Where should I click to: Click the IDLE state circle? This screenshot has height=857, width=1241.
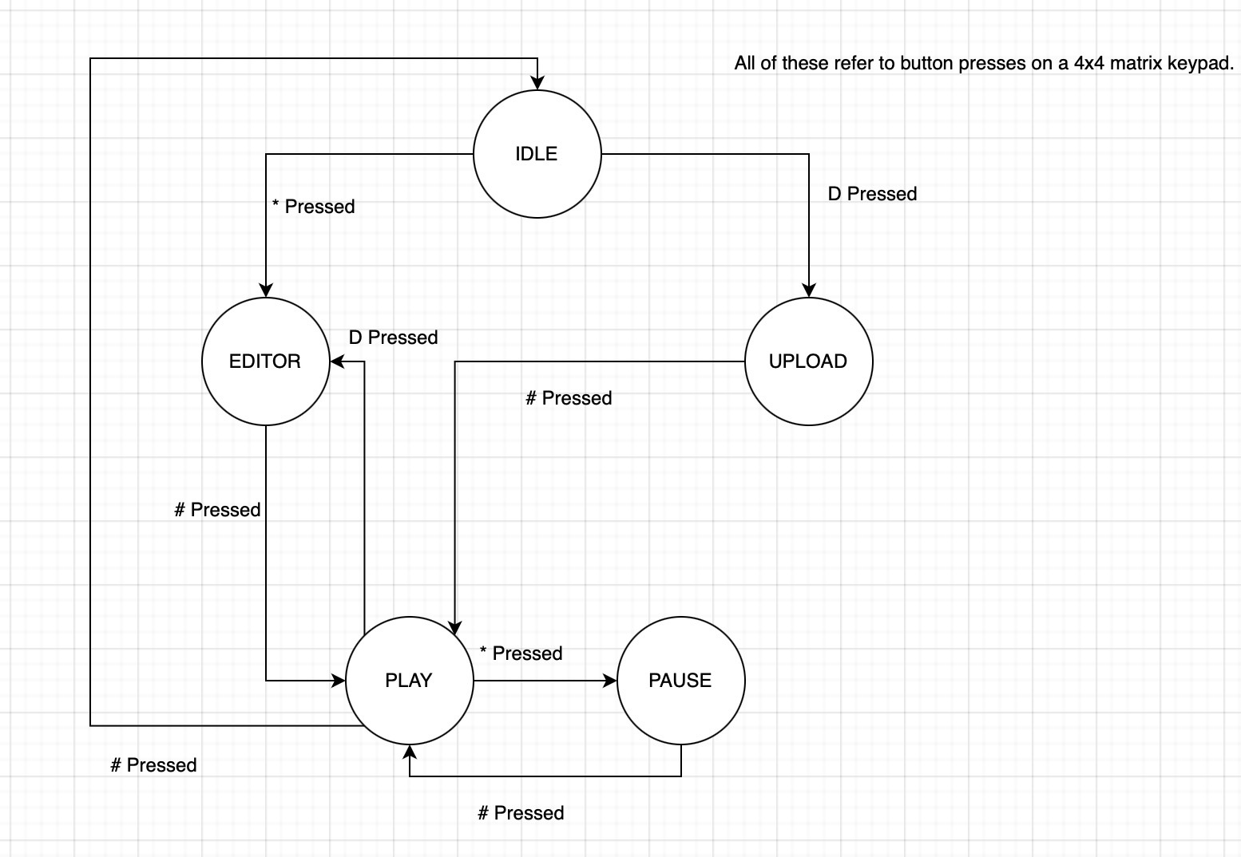click(x=537, y=154)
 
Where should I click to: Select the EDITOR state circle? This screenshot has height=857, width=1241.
click(x=265, y=361)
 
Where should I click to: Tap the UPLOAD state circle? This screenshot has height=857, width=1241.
click(x=808, y=361)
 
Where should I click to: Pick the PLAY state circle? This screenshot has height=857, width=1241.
click(x=409, y=681)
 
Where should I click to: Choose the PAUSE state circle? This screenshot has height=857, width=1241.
click(x=680, y=681)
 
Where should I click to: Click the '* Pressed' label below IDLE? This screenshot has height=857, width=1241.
click(x=313, y=207)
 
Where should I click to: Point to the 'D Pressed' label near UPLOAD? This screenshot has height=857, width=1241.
click(x=872, y=194)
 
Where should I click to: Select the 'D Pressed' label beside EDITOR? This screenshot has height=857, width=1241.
click(x=393, y=338)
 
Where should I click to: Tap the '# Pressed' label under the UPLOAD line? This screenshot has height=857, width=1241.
click(x=569, y=398)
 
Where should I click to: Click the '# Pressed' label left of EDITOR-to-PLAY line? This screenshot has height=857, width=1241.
click(x=217, y=510)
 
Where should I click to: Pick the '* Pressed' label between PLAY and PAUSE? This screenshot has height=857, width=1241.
click(x=521, y=654)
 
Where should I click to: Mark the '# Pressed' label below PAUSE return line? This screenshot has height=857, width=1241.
click(x=521, y=813)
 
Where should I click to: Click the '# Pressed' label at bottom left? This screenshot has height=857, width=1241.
click(x=153, y=765)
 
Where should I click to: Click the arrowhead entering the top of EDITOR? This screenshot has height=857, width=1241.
click(x=266, y=291)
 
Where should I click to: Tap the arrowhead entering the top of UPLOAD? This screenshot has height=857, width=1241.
click(x=809, y=291)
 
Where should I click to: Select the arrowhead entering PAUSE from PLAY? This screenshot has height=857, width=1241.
click(x=611, y=681)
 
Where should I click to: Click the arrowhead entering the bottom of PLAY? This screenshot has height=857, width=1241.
click(x=410, y=751)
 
